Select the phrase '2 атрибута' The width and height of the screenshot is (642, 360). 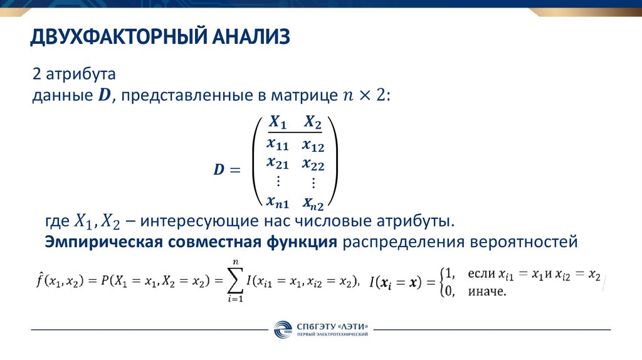(74, 74)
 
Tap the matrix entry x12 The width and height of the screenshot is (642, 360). (312, 145)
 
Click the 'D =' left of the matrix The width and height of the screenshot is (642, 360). (226, 170)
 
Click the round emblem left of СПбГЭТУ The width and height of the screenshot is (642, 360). (283, 330)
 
